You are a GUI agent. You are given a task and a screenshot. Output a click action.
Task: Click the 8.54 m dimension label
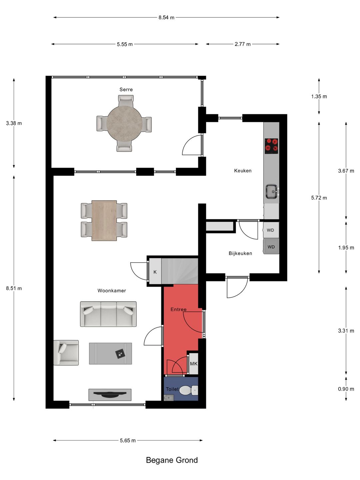[166, 17]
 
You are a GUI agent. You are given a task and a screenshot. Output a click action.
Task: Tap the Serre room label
[126, 89]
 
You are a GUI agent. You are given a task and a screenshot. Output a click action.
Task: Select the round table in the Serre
[124, 124]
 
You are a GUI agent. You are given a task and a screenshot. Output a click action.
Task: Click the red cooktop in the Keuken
[271, 146]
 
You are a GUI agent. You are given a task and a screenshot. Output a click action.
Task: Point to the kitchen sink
[272, 191]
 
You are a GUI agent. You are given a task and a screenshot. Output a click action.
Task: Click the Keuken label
[243, 171]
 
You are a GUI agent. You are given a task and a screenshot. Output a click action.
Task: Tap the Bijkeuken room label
[240, 253]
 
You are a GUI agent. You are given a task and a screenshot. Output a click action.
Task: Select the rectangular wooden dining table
[104, 220]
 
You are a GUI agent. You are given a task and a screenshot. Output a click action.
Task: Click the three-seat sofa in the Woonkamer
[108, 314]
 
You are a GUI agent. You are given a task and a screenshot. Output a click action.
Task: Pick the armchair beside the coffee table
[66, 353]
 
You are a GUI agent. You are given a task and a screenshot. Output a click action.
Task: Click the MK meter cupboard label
[194, 364]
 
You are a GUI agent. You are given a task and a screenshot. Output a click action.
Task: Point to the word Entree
[178, 309]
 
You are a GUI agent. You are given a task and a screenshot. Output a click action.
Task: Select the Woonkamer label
[111, 291]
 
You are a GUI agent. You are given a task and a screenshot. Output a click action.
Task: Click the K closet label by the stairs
[155, 272]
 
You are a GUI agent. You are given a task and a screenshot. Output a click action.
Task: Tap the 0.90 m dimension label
[346, 389]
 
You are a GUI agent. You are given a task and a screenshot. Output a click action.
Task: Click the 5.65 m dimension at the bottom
[128, 440]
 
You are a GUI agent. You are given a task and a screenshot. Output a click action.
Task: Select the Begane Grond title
[172, 460]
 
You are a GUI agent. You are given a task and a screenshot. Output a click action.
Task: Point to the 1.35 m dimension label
[319, 96]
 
